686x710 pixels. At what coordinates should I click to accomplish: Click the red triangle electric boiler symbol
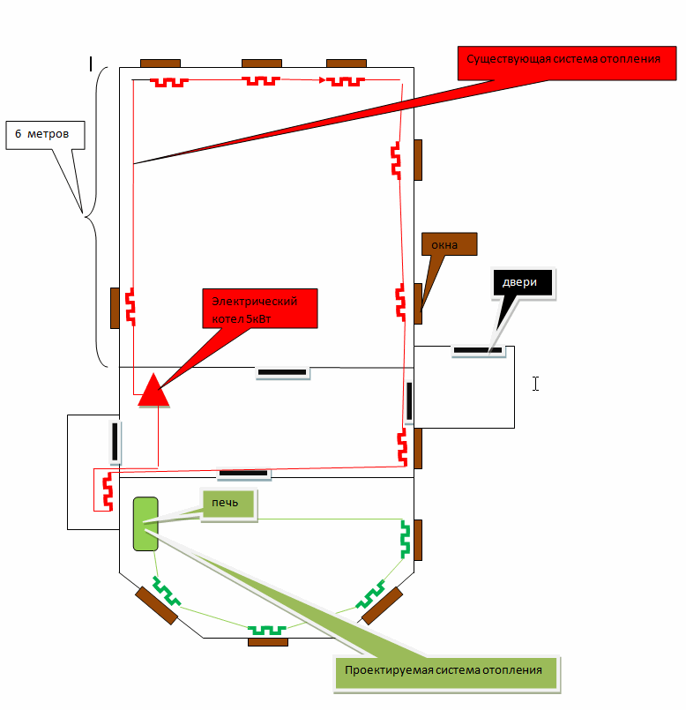153,391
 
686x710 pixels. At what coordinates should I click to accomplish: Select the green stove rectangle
145,524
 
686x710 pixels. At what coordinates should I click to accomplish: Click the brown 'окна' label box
450,244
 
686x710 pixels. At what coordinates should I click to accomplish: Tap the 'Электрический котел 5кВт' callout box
258,309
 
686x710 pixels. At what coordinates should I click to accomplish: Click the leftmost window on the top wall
160,64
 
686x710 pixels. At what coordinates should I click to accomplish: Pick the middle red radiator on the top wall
262,81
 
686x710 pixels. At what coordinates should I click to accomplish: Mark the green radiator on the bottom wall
267,630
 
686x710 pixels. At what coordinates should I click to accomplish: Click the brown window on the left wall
115,308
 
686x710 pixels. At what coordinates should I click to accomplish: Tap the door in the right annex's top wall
477,350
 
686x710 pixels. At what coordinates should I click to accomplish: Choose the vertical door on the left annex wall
115,441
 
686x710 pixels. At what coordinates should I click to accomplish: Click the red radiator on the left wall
130,306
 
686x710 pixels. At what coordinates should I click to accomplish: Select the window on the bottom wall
267,641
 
